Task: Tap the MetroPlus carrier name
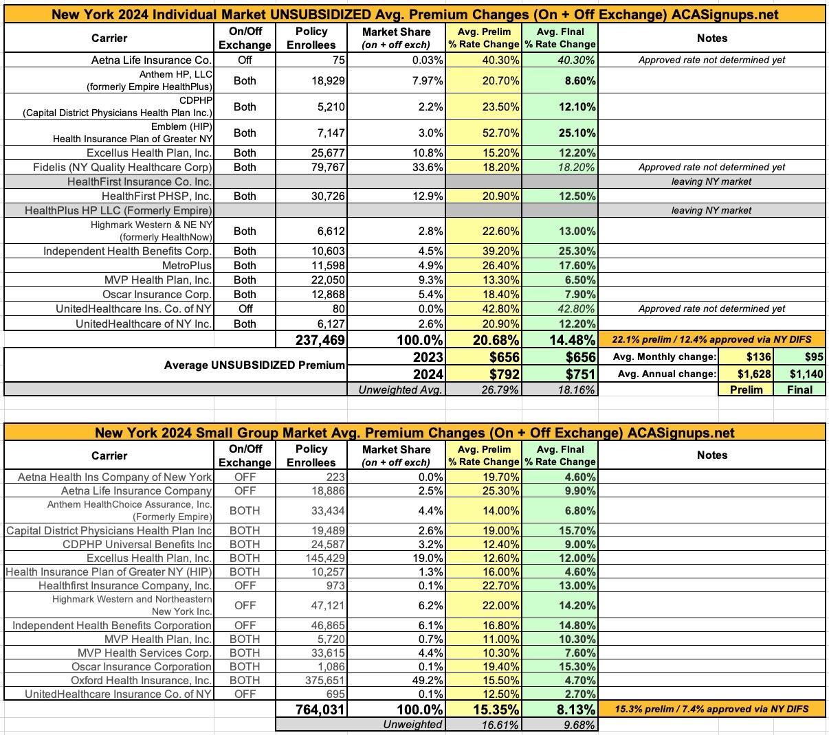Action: pos(187,265)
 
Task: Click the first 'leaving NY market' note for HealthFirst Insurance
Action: pos(711,181)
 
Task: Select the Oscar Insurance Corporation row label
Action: pos(142,666)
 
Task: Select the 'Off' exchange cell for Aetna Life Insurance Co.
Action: pos(245,60)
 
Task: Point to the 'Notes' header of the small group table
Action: pos(711,455)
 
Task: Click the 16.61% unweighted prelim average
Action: pos(499,724)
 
